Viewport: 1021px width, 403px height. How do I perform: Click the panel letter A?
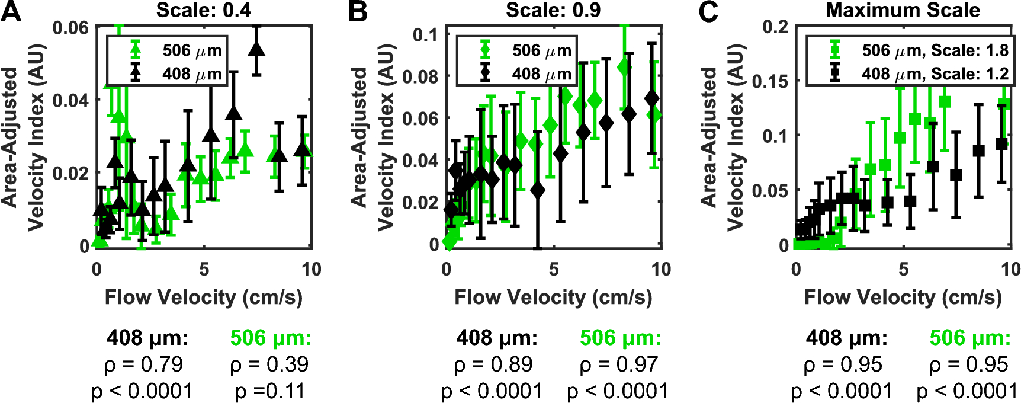pyautogui.click(x=11, y=11)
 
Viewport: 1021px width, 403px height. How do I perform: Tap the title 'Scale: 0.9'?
pyautogui.click(x=553, y=10)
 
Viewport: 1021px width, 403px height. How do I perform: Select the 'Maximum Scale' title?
pyautogui.click(x=903, y=10)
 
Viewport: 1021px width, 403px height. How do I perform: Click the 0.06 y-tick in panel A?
pyautogui.click(x=70, y=28)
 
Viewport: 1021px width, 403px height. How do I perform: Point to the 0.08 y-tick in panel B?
pyautogui.click(x=420, y=76)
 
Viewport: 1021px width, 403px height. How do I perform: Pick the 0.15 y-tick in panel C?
pyautogui.click(x=770, y=81)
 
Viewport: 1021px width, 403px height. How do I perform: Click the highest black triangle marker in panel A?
pyautogui.click(x=256, y=49)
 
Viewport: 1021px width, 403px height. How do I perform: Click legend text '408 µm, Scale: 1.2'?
pyautogui.click(x=935, y=74)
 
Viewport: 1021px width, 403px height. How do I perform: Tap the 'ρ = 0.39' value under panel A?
pyautogui.click(x=269, y=364)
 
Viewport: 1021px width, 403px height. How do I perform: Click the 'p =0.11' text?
pyautogui.click(x=269, y=391)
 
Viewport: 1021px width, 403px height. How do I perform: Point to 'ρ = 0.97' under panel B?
pyautogui.click(x=619, y=364)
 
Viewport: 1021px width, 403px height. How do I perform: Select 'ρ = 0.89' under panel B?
pyautogui.click(x=493, y=364)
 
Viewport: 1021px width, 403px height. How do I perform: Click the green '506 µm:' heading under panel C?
pyautogui.click(x=969, y=338)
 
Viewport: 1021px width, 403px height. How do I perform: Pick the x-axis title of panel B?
pyautogui.click(x=553, y=297)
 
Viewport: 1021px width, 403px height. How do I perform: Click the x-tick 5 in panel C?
pyautogui.click(x=903, y=270)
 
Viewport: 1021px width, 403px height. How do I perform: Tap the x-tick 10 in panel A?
pyautogui.click(x=311, y=270)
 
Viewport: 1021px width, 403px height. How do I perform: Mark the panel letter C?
pyautogui.click(x=708, y=11)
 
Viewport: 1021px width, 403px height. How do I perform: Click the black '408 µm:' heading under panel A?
pyautogui.click(x=147, y=338)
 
